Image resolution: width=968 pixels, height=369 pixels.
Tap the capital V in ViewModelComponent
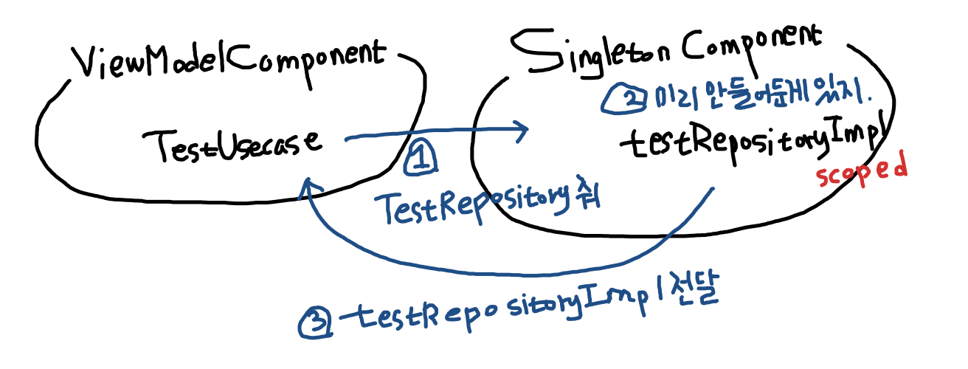(x=86, y=65)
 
